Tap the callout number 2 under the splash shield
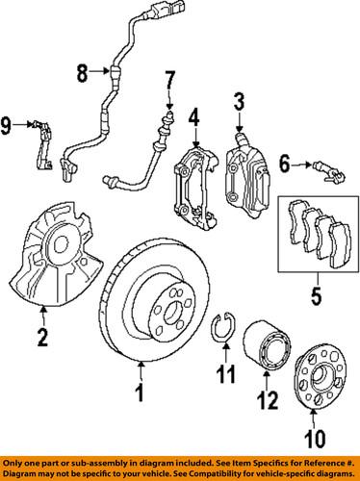(x=41, y=337)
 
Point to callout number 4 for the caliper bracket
(x=193, y=120)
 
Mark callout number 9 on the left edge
(x=8, y=124)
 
